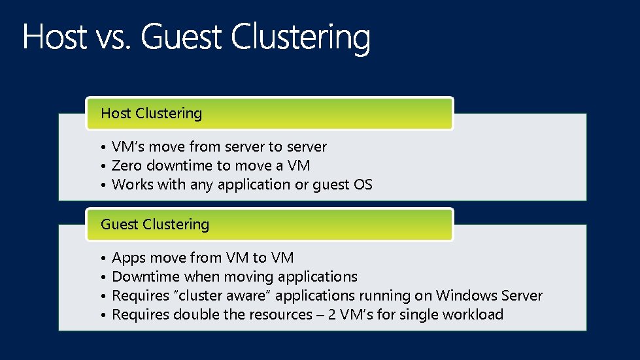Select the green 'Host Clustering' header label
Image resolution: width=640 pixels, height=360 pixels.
[152, 113]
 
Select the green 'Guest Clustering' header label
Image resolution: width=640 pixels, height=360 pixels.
[155, 224]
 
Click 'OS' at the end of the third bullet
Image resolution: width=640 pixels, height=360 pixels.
[363, 184]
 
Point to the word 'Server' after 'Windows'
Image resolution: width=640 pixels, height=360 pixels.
[522, 295]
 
